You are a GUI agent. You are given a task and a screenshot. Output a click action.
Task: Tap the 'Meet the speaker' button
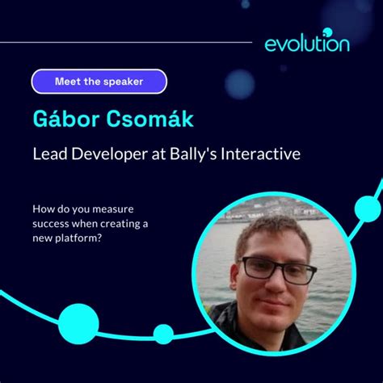point(99,82)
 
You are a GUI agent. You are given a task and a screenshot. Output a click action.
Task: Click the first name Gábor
point(66,119)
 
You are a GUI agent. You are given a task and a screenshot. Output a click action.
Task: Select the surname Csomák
point(149,119)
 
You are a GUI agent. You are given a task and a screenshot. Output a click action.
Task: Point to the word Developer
point(109,154)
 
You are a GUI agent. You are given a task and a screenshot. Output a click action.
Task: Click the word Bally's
point(193,154)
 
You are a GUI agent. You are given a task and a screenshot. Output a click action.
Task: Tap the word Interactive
point(260,154)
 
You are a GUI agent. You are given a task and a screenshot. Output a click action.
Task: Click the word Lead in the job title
point(50,154)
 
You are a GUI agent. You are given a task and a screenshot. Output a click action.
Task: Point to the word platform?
point(78,238)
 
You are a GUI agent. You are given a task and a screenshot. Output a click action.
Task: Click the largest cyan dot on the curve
point(78,324)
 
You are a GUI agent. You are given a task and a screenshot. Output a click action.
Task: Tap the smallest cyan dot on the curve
point(163,335)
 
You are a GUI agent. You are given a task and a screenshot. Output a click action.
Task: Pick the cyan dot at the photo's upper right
point(368,209)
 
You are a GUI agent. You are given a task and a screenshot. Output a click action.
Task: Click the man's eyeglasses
point(277,270)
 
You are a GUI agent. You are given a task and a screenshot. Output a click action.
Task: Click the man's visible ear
point(234,276)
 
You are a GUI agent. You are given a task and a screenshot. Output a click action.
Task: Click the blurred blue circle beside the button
point(239,84)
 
